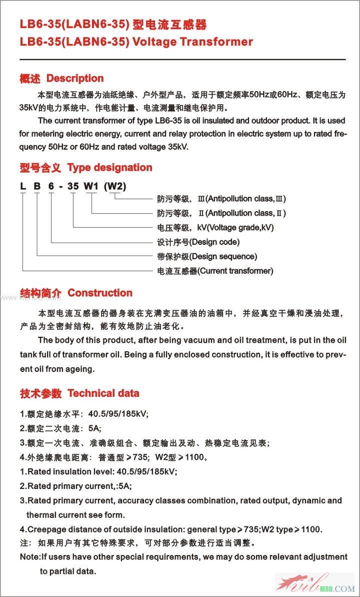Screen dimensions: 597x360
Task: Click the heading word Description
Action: click(x=75, y=79)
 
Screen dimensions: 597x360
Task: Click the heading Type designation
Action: click(x=109, y=168)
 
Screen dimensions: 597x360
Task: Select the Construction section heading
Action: click(x=100, y=293)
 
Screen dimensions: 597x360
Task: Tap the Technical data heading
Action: click(x=103, y=393)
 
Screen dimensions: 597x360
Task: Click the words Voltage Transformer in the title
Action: click(x=192, y=42)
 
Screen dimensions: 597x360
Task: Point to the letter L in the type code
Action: click(x=23, y=187)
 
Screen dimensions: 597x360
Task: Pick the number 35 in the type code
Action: click(x=73, y=187)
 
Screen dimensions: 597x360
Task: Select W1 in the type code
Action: click(x=91, y=187)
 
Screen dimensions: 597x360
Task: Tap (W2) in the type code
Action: click(x=114, y=187)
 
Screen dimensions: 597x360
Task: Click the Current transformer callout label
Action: click(x=235, y=271)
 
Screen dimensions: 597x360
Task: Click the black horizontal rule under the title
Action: click(x=182, y=60)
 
